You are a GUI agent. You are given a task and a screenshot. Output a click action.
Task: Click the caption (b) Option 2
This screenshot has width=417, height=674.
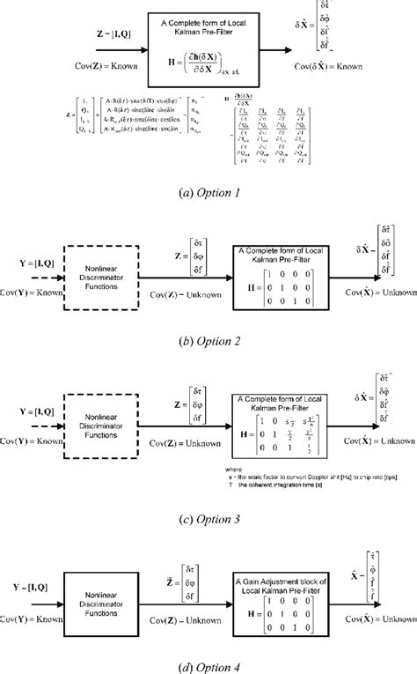(208, 338)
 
